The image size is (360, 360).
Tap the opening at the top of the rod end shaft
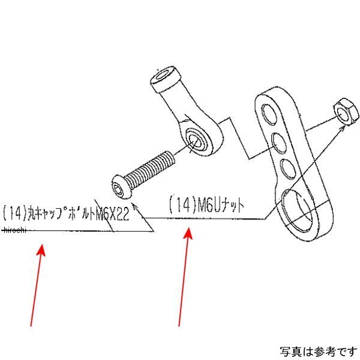(164, 74)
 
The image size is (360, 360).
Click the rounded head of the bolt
(122, 186)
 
